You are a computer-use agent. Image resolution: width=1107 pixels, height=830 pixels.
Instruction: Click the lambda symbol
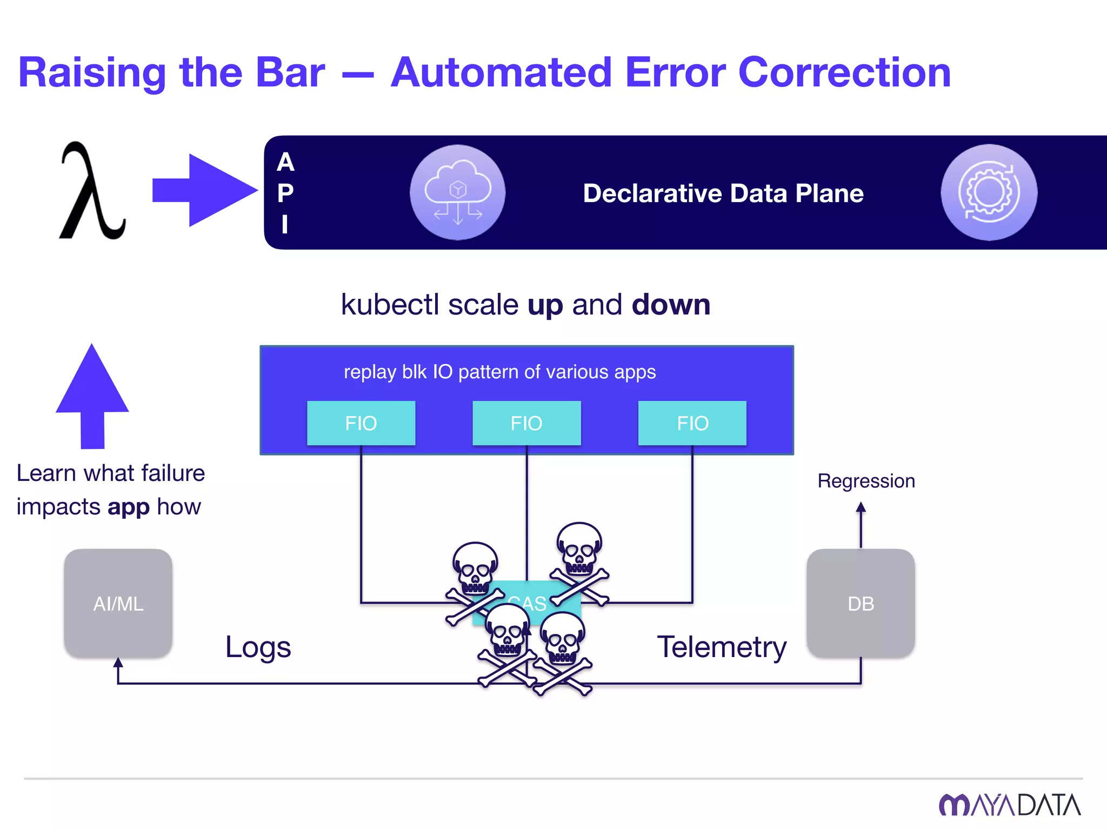(92, 192)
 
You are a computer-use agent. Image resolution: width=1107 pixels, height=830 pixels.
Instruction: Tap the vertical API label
(285, 192)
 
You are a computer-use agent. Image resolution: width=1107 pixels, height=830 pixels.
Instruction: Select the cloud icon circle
(457, 192)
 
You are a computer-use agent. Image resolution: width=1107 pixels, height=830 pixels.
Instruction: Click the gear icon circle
(989, 192)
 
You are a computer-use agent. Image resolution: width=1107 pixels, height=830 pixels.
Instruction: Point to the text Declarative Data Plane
(723, 193)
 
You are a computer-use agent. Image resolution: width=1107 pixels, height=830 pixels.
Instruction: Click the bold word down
(671, 305)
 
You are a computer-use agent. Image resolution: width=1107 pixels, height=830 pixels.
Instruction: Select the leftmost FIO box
(361, 423)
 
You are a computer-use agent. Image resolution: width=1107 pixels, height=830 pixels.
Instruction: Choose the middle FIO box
(526, 423)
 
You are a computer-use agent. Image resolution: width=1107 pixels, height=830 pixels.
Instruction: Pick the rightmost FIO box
(692, 423)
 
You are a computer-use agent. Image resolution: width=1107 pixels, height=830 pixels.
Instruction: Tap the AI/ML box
(118, 604)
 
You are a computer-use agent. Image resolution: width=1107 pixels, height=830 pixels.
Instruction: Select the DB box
(861, 604)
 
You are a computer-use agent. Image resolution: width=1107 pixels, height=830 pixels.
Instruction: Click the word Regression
(866, 481)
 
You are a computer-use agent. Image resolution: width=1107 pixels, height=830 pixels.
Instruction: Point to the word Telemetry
(722, 647)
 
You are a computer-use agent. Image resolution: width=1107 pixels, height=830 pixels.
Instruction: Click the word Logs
(258, 647)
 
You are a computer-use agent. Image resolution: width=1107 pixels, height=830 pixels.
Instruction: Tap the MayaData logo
(1010, 805)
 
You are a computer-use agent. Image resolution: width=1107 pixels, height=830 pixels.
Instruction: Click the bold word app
(129, 507)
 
